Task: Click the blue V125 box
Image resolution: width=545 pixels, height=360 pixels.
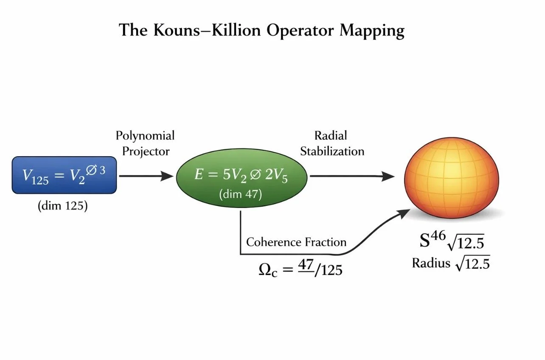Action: click(64, 175)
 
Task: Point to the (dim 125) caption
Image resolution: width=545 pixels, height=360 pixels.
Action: click(62, 207)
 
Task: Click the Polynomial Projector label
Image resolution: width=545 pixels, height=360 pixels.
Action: click(146, 143)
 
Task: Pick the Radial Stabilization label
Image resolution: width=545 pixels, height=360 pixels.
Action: click(332, 143)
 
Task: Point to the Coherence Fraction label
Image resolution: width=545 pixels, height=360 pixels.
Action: click(296, 242)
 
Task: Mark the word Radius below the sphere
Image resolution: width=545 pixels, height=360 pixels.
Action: click(431, 263)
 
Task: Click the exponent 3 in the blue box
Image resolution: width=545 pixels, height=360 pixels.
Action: click(102, 170)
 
